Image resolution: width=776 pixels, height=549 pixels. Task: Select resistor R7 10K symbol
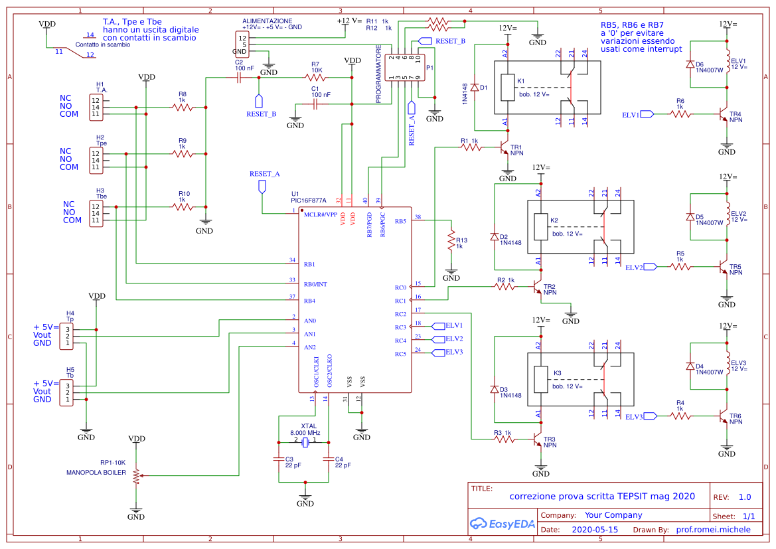316,77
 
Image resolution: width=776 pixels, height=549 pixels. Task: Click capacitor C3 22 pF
278,459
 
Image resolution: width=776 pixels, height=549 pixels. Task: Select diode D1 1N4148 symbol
474,88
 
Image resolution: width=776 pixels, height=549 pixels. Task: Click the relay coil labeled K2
540,227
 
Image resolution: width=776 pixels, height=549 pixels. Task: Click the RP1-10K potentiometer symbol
136,475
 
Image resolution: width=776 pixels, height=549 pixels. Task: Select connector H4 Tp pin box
66,336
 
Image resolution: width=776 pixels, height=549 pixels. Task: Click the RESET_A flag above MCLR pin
262,185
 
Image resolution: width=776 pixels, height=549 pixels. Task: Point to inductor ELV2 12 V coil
728,214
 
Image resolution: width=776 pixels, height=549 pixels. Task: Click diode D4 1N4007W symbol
691,367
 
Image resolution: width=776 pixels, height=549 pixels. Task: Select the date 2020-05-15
594,530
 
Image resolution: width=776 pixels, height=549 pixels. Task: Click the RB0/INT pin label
315,284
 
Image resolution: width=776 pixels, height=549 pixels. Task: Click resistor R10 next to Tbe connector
183,207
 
